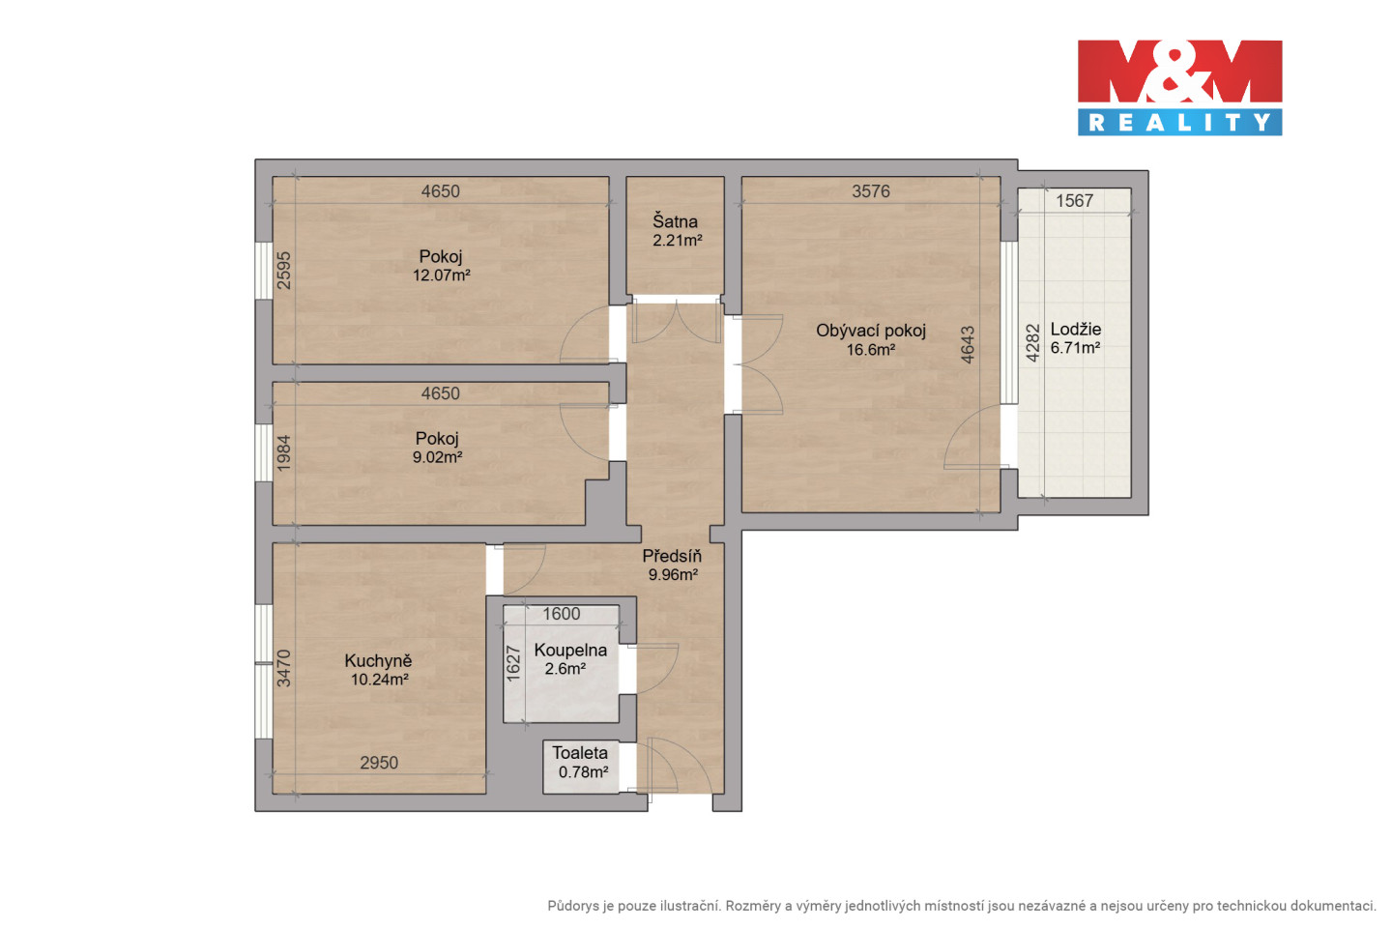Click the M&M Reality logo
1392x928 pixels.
[1179, 88]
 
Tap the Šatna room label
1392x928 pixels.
[675, 221]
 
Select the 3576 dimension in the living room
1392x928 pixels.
[871, 191]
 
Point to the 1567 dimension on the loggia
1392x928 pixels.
[1075, 201]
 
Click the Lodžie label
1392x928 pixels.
[1076, 329]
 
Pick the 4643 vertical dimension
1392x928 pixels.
[968, 345]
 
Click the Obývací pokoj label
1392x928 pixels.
[871, 331]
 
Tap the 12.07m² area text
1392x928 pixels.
[441, 275]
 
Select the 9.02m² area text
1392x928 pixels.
[438, 457]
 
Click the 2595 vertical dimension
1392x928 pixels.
[283, 271]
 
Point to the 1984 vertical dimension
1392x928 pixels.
[283, 453]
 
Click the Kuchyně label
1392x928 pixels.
[378, 660]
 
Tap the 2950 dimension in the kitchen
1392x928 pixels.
[379, 763]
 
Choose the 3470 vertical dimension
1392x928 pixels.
[283, 668]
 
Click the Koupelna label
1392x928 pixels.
[570, 651]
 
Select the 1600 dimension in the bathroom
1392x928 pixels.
[561, 614]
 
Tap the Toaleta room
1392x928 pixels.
[580, 767]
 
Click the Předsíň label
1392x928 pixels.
[672, 556]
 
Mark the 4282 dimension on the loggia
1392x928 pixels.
[1032, 343]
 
